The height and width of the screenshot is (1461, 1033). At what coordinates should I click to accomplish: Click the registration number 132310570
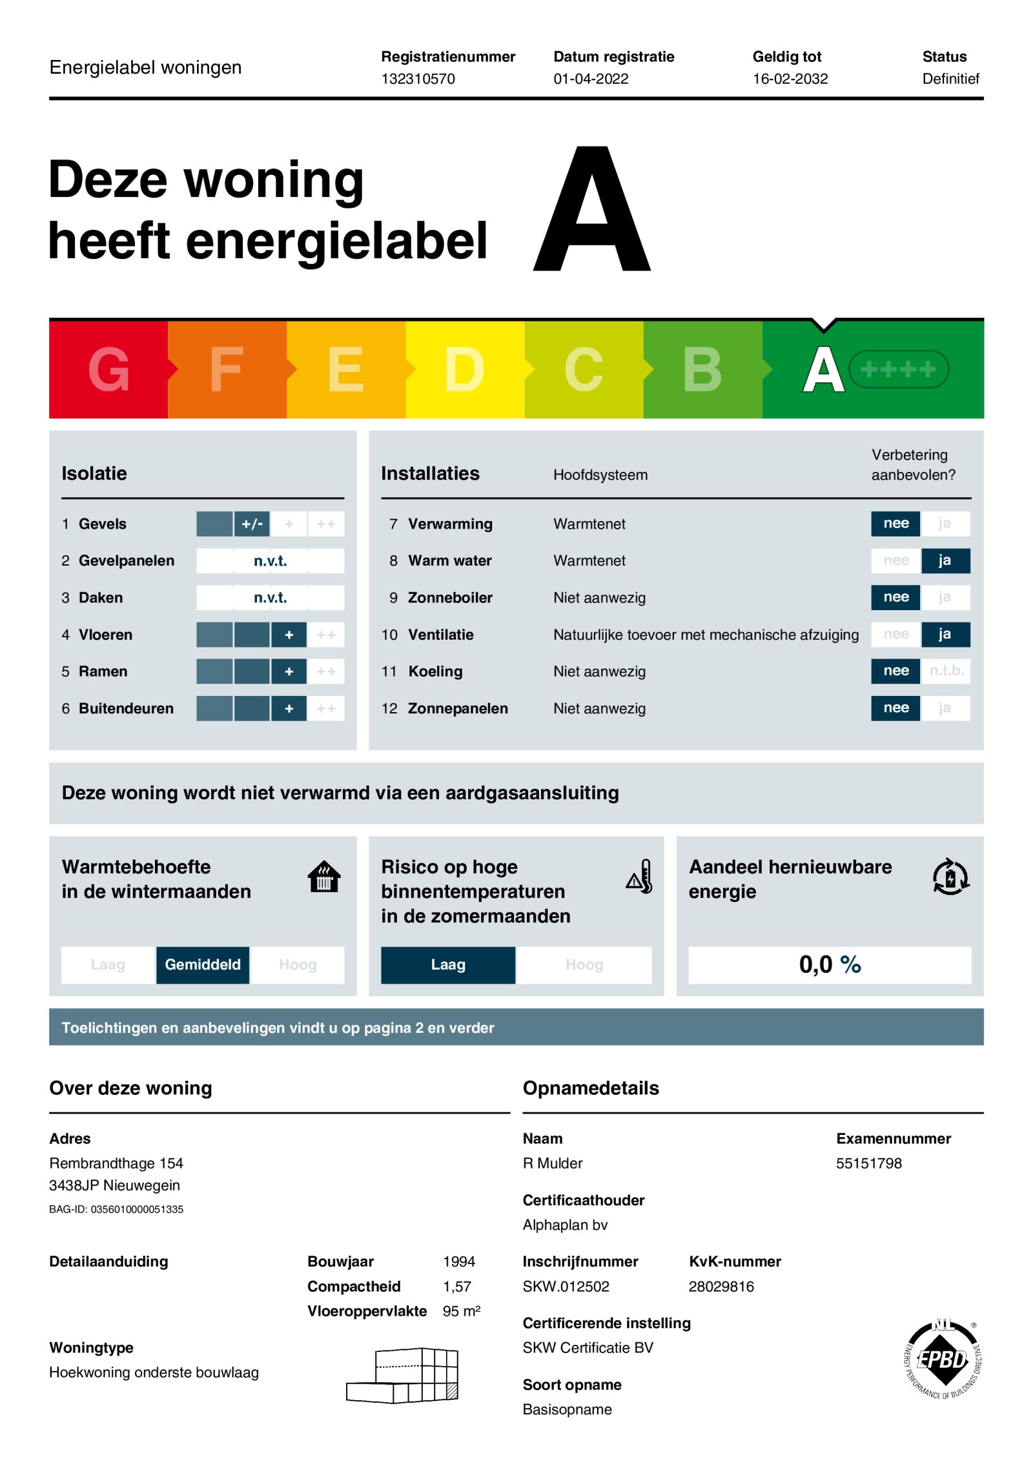418,79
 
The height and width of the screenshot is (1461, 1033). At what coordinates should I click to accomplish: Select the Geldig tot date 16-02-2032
790,79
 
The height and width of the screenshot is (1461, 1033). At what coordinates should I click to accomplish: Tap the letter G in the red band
108,369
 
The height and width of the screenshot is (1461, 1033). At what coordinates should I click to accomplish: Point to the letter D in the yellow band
464,369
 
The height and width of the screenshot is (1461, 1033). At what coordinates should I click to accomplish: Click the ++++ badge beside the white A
898,369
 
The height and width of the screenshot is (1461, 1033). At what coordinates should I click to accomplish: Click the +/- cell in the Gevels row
252,524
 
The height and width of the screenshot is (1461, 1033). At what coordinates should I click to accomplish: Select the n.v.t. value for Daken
270,598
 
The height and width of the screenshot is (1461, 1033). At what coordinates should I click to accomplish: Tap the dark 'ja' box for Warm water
945,560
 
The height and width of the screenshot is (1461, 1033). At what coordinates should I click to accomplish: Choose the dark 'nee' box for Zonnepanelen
895,708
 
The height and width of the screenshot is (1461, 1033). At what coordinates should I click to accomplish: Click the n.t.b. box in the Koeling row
946,671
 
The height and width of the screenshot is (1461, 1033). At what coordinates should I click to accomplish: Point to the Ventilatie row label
440,635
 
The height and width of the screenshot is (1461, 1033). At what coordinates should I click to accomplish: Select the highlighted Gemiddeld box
203,965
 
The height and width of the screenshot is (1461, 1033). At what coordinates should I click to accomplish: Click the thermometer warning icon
640,877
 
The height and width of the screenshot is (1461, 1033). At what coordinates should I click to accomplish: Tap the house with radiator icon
324,877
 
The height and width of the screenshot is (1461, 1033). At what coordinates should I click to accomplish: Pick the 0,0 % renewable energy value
830,965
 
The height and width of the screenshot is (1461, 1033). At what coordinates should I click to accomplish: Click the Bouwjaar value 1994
458,1262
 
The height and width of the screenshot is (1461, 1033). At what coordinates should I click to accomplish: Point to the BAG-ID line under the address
116,1209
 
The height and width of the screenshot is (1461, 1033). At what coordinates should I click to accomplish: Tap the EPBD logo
943,1359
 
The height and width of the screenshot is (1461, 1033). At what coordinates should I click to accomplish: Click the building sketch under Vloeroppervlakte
403,1375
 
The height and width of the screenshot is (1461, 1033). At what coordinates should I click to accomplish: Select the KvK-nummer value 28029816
721,1287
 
